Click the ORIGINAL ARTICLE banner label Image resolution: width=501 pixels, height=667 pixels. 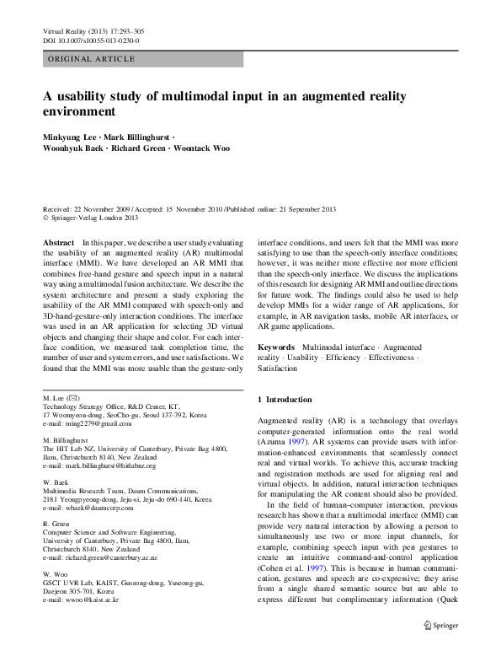[93, 59]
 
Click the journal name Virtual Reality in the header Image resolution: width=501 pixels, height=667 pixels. [67, 31]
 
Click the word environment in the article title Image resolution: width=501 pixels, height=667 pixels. [79, 110]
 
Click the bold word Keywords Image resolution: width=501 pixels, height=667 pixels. [275, 347]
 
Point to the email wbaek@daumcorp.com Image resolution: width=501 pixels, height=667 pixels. [100, 507]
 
